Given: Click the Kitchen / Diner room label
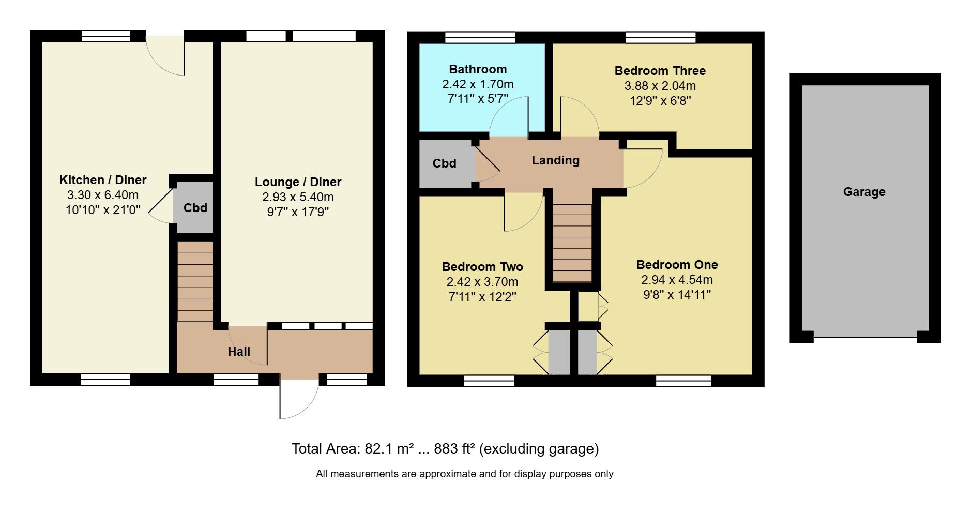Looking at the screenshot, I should [x=103, y=180].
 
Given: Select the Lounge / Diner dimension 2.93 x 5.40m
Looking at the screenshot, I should [x=298, y=197].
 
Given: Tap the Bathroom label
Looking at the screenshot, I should [x=478, y=69].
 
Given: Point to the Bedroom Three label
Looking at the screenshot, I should [x=660, y=71].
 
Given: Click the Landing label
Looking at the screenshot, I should [x=555, y=160].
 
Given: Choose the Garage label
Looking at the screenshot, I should [x=864, y=192].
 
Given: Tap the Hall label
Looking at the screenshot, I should [x=239, y=352].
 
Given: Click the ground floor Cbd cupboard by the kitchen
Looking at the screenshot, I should [x=195, y=207].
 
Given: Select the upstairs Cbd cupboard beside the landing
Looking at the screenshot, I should [x=444, y=163].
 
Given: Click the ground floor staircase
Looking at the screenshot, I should [x=195, y=281].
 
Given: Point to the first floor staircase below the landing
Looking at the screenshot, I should [x=572, y=243].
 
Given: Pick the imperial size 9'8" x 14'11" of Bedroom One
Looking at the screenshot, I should [x=676, y=295].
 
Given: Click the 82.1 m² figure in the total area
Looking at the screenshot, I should [x=389, y=448].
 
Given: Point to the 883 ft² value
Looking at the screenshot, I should [x=454, y=448].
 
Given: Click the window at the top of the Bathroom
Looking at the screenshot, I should [x=480, y=37].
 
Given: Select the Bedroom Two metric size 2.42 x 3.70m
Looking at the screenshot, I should [x=482, y=282].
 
